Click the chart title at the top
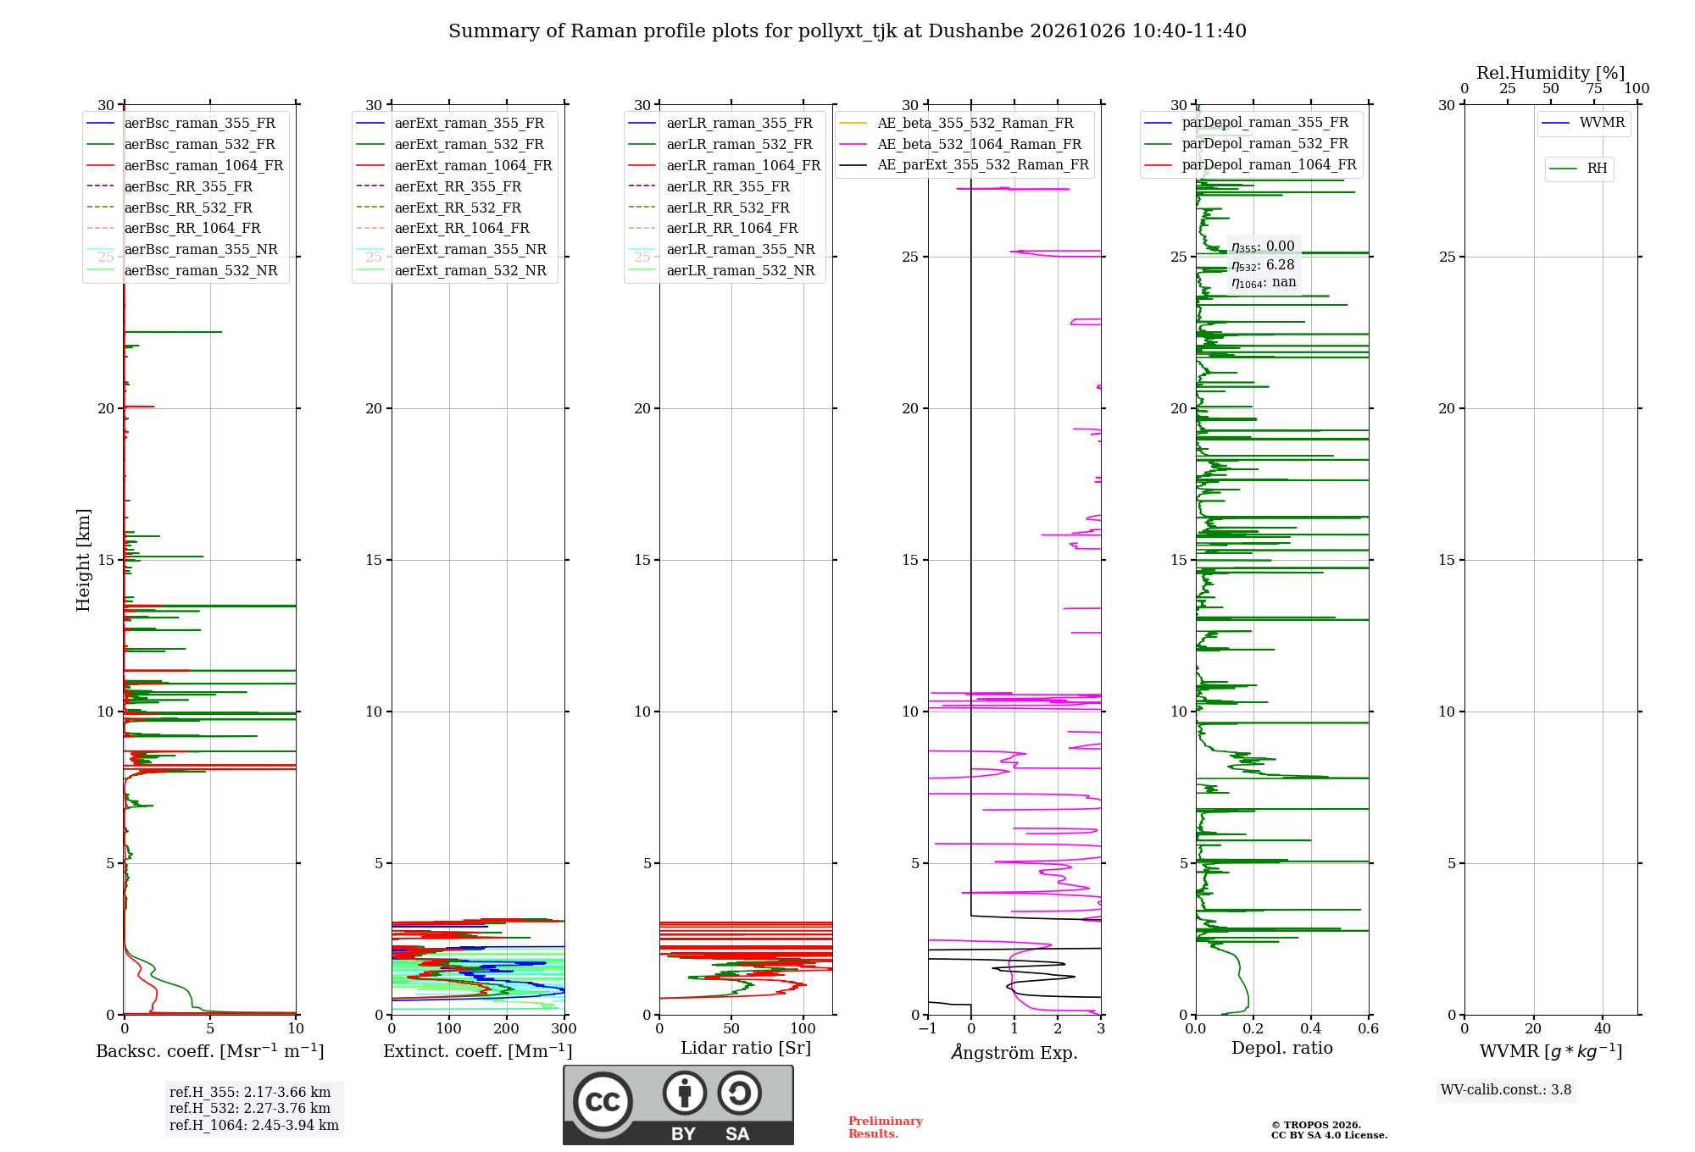coord(847,31)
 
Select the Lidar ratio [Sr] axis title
coord(746,1049)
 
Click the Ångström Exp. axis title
coord(1014,1052)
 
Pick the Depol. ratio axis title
coord(1282,1049)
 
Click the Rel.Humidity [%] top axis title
coord(1551,73)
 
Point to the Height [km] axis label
coord(83,560)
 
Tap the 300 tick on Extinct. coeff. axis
coord(564,1029)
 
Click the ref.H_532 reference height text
coord(250,1108)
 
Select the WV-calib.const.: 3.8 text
coord(1506,1090)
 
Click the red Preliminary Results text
coord(886,1127)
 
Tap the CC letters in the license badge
coord(603,1102)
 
